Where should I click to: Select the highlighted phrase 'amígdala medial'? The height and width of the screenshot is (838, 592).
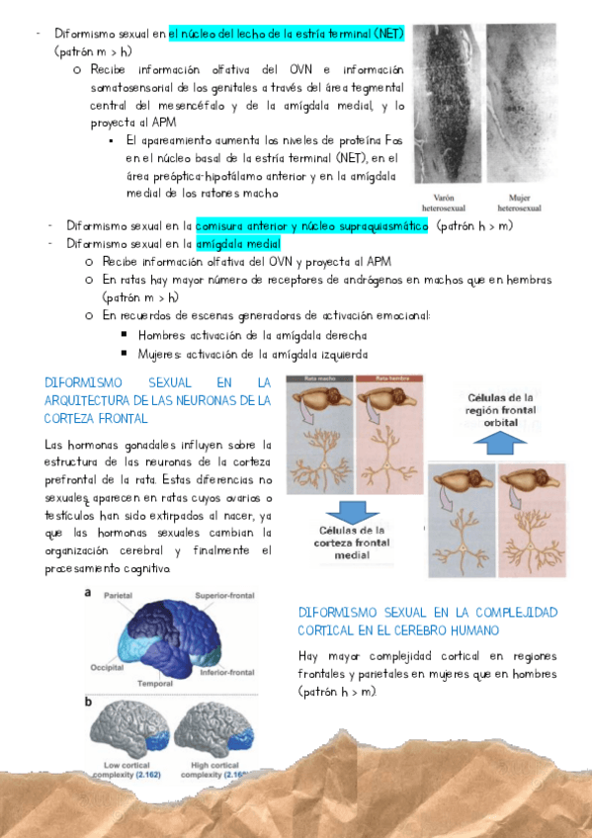pos(238,243)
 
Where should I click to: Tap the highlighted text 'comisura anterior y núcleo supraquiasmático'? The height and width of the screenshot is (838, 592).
pos(311,225)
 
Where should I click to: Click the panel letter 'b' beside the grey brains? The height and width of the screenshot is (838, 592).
pos(89,701)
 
